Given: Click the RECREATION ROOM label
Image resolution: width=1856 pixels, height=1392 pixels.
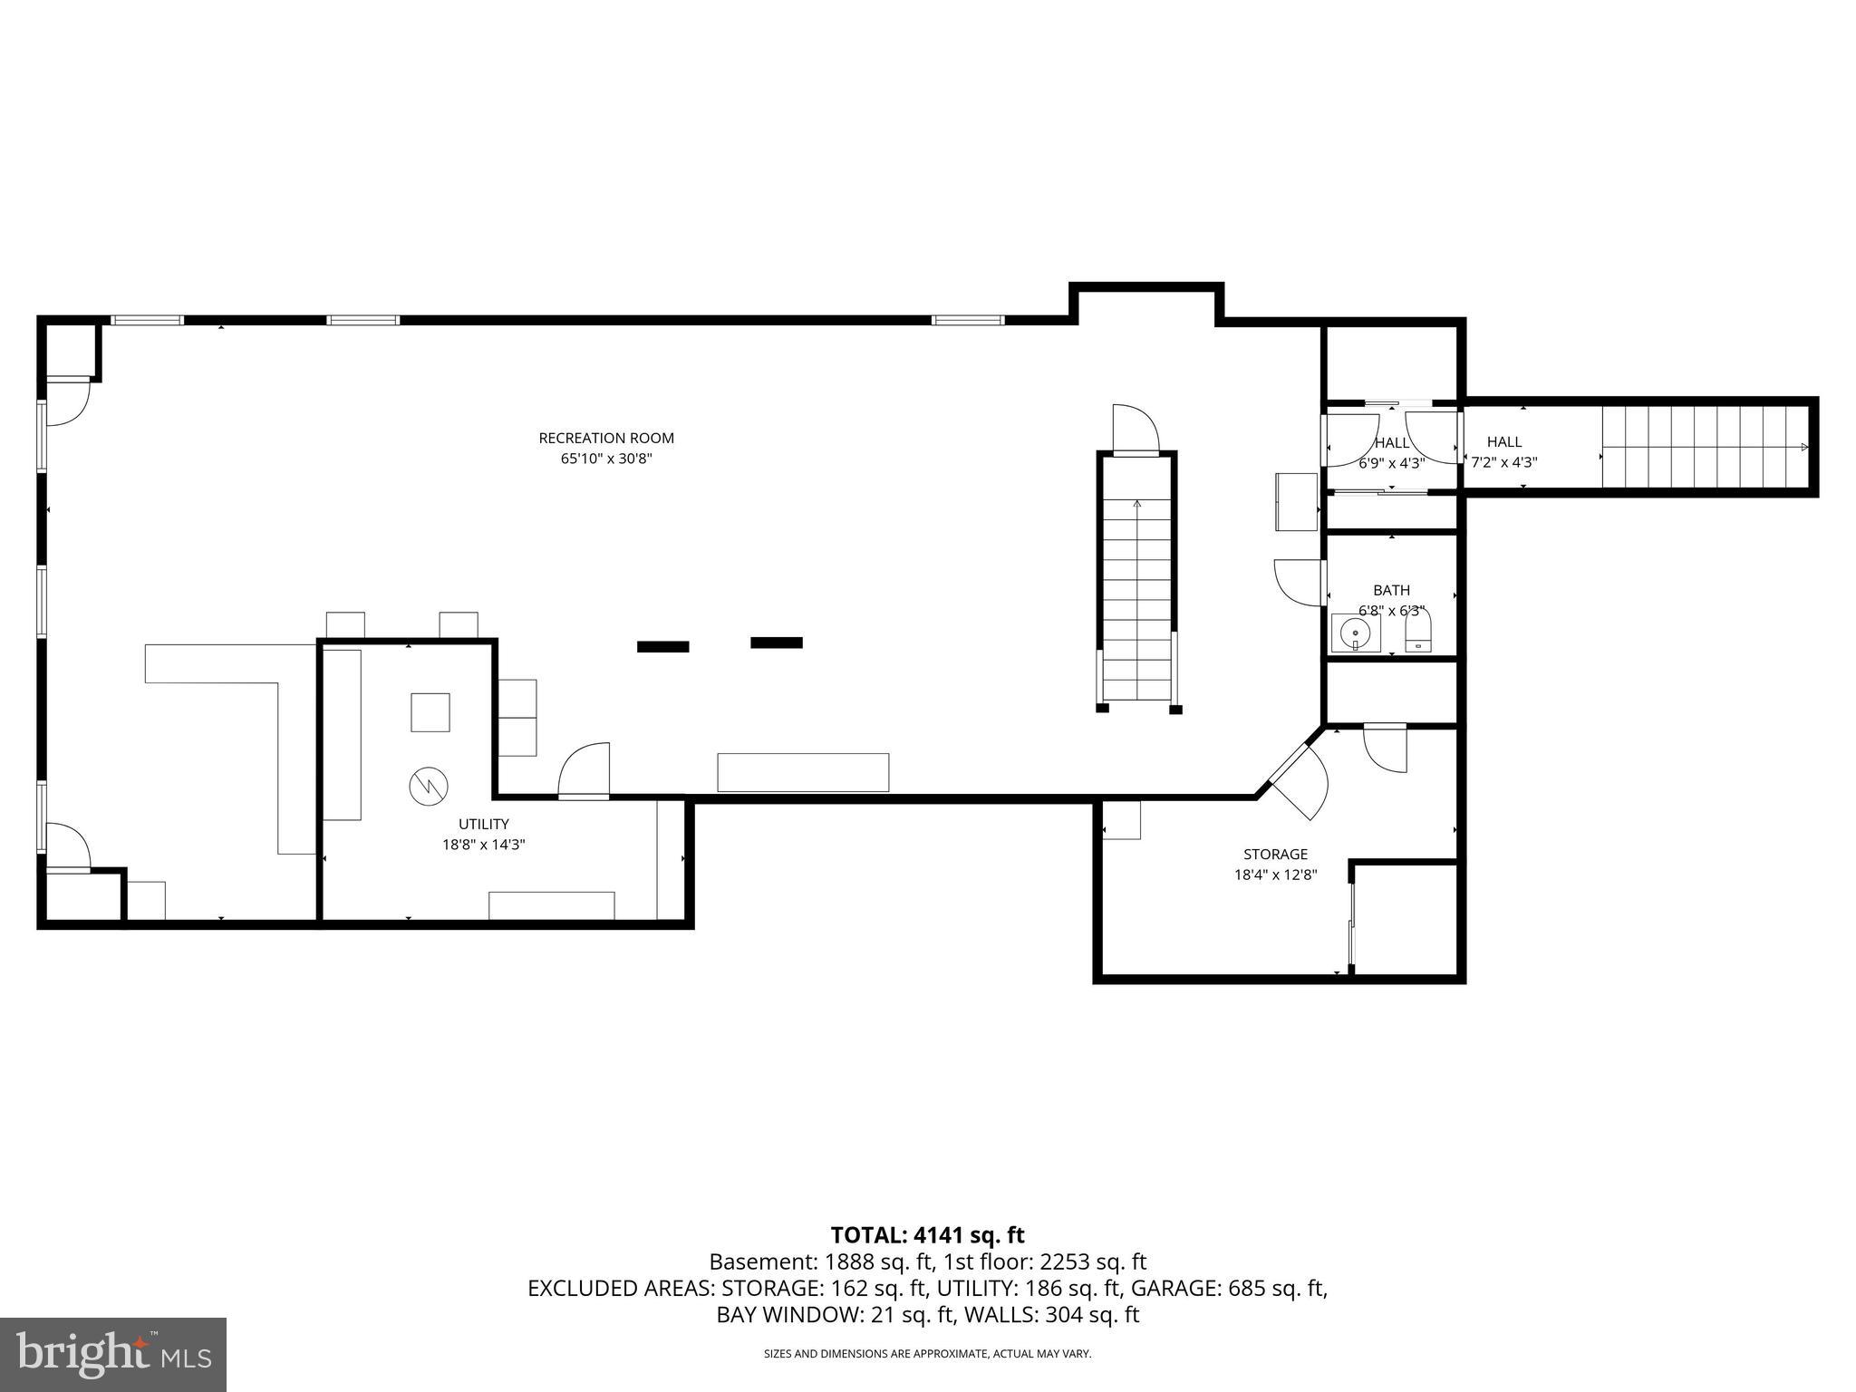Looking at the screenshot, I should (606, 438).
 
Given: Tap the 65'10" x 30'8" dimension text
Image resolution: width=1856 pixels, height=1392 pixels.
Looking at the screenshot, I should (606, 459).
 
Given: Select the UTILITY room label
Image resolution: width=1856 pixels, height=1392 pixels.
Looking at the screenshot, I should (483, 824).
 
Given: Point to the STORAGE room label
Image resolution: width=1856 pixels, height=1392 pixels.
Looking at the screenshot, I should (1275, 854).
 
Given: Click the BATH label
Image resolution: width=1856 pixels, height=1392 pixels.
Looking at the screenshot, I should (1391, 590).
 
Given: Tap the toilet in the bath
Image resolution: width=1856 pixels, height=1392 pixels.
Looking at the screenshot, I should (1417, 633).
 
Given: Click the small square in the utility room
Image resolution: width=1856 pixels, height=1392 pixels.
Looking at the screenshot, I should (430, 711).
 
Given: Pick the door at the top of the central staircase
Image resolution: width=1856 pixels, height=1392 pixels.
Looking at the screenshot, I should (1136, 430).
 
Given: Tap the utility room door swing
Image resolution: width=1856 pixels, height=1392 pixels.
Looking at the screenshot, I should (585, 771).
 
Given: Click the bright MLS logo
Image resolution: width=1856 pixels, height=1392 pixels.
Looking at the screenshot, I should (112, 1355).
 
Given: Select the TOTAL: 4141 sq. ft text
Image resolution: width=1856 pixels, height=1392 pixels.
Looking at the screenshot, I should (927, 1235).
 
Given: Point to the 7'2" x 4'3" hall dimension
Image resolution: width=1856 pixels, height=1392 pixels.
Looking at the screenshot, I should (1503, 462).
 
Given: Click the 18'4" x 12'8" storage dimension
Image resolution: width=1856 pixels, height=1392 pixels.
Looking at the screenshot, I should (1275, 875).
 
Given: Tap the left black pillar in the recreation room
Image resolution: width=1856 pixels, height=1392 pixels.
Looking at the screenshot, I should (662, 646).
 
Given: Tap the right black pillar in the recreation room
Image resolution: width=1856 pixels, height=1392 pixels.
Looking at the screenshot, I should (777, 643).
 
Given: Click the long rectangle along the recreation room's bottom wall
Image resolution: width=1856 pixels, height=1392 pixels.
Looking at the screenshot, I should (803, 772).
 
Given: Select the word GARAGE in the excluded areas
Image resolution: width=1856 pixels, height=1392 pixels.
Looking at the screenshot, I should (1188, 1288).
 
